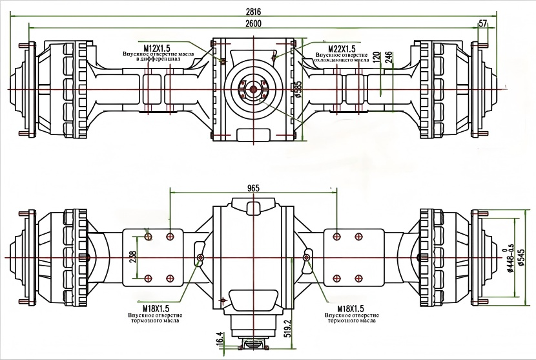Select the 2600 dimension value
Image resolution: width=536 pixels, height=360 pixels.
click(x=253, y=23)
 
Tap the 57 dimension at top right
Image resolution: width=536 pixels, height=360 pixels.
click(x=483, y=24)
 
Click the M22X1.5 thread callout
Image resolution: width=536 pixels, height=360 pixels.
click(x=343, y=48)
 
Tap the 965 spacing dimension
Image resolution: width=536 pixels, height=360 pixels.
click(x=253, y=187)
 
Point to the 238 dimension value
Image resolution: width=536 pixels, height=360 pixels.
click(x=132, y=257)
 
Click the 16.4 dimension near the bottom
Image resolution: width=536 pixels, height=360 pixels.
click(x=220, y=337)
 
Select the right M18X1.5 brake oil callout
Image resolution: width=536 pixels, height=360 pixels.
click(x=342, y=308)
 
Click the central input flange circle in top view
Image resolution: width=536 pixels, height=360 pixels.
click(x=253, y=89)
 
